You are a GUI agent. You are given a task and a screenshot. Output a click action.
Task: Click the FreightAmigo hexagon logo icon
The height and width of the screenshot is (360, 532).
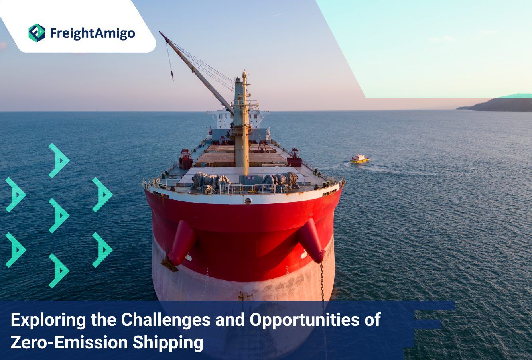37,33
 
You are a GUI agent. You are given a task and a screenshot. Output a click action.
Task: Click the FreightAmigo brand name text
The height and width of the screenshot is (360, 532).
93,33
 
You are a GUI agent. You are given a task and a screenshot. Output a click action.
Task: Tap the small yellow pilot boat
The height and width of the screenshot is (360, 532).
360,159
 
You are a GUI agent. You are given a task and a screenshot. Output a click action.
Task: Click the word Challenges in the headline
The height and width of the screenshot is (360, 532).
166,320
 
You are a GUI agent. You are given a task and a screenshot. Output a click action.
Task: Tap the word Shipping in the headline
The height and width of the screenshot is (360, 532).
167,343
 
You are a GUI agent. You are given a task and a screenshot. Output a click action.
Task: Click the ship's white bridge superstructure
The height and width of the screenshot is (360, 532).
238,119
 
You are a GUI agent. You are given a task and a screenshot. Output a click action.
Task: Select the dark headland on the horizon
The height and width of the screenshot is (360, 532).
497,105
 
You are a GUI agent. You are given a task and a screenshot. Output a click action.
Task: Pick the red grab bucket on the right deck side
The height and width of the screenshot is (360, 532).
294,157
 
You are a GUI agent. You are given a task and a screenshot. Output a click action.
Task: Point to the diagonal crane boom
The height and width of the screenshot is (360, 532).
197,73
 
